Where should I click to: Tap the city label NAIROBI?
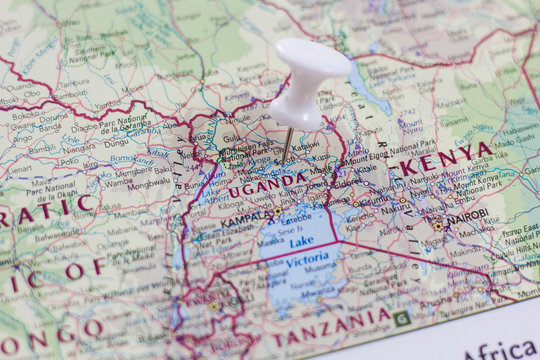(467, 215)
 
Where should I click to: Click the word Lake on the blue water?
(300, 241)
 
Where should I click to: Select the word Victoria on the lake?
(307, 260)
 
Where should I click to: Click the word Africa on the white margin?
(500, 349)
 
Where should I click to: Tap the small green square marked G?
(402, 318)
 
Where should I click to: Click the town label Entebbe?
(297, 218)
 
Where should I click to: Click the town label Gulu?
(232, 138)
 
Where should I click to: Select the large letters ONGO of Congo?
(50, 331)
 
